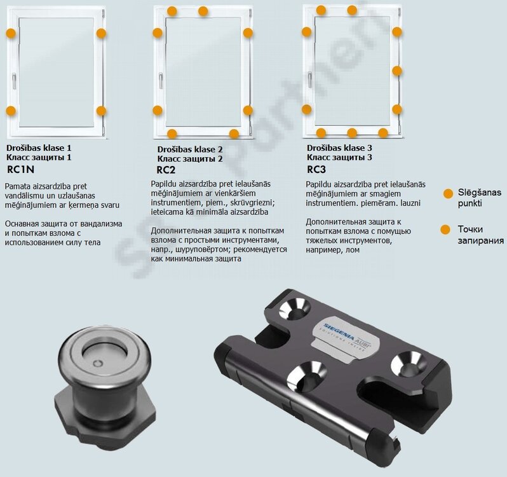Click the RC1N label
pyautogui.click(x=20, y=170)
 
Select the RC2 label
pyautogui.click(x=166, y=170)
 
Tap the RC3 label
pyautogui.click(x=316, y=169)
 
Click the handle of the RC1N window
pyautogui.click(x=14, y=81)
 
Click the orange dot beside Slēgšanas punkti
pyautogui.click(x=448, y=193)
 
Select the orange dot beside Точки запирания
pyautogui.click(x=445, y=230)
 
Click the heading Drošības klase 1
pyautogui.click(x=39, y=148)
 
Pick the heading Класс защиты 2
pyautogui.click(x=190, y=159)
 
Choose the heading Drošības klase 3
pyautogui.click(x=339, y=148)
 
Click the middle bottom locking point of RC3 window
pyautogui.click(x=352, y=133)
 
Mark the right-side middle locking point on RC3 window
pyautogui.click(x=397, y=71)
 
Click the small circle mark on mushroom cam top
pyautogui.click(x=98, y=363)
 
